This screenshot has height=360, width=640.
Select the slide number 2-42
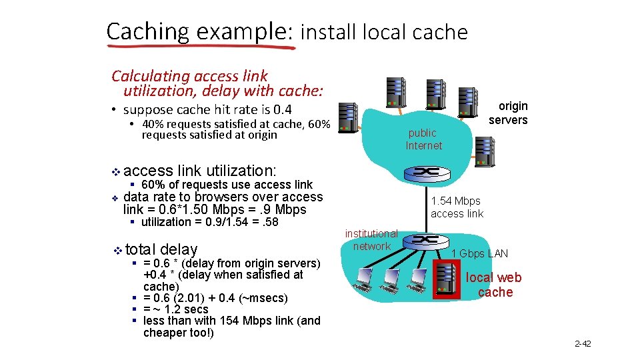[x=583, y=344]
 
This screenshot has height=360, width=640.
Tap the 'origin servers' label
[x=509, y=113]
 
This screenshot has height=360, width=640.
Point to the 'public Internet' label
[x=423, y=139]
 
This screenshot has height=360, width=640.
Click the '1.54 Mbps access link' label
[x=457, y=207]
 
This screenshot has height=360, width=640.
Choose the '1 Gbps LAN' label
[x=479, y=253]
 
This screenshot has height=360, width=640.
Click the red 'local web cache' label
[x=495, y=285]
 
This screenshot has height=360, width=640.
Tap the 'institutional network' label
[x=371, y=240]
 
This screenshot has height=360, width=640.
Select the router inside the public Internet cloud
[x=424, y=171]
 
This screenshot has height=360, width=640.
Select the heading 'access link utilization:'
[x=199, y=171]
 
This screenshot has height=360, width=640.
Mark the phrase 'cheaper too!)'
[x=179, y=333]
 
